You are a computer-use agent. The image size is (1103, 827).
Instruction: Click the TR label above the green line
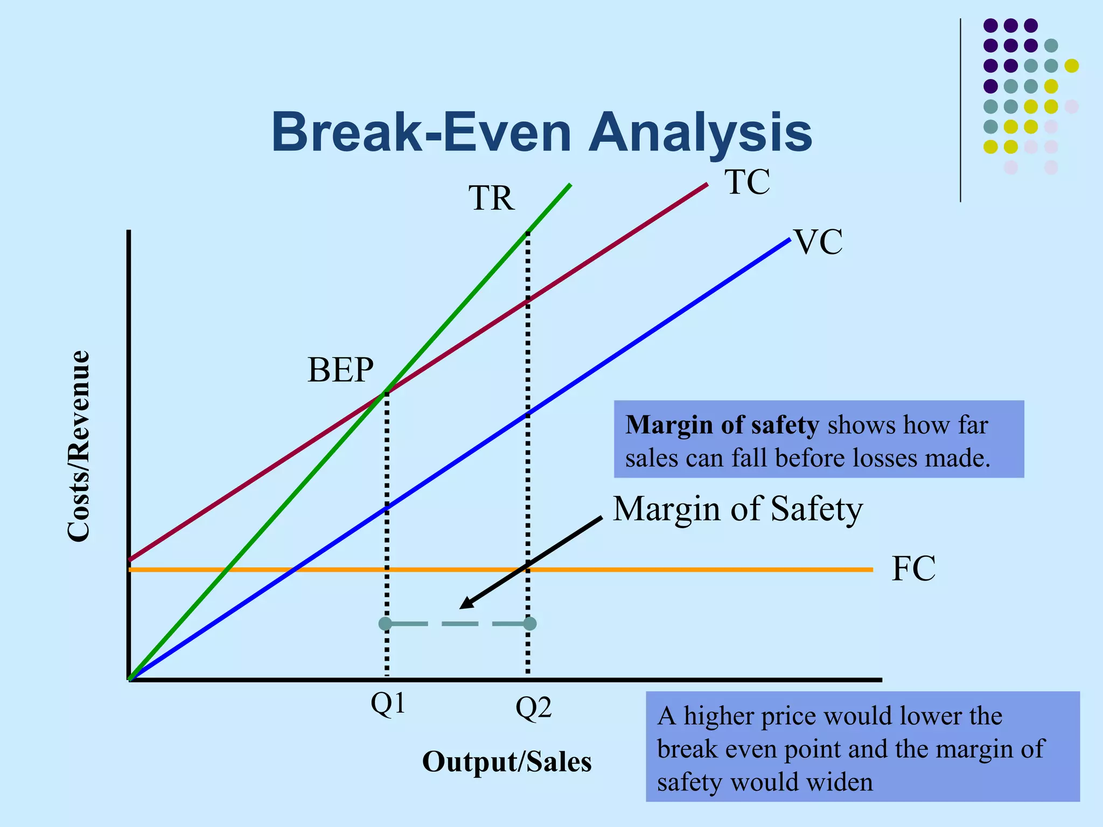point(491,199)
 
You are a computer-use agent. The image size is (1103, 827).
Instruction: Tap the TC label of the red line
point(747,182)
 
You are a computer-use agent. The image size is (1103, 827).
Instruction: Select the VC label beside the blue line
point(818,242)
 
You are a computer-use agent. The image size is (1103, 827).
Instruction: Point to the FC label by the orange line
point(913,569)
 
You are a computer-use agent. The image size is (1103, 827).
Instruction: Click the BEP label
point(340,370)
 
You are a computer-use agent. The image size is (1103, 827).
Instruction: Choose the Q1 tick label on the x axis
point(388,704)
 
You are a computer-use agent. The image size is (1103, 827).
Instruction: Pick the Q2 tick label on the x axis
point(534,709)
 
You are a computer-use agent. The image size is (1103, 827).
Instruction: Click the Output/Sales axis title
point(507,762)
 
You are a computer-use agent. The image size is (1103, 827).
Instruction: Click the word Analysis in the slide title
point(700,132)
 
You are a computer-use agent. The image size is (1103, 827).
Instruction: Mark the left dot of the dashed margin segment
point(386,624)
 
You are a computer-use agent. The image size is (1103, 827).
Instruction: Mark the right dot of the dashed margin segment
point(529,624)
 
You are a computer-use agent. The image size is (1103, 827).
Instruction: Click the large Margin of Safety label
point(738,509)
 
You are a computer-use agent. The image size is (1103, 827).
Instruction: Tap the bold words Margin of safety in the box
point(722,425)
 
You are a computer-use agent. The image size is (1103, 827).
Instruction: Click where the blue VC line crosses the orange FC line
point(292,569)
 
